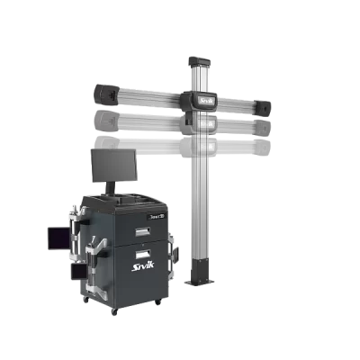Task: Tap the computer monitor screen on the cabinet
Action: [113, 165]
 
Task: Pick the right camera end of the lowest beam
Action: [262, 146]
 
